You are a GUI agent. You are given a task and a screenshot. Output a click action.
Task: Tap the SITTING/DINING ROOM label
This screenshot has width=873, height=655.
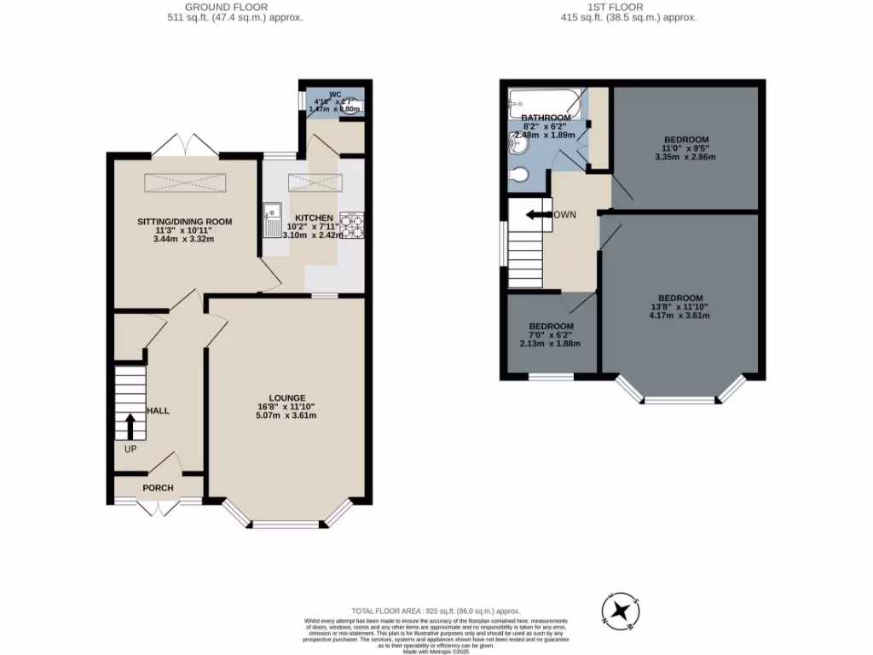pyautogui.click(x=185, y=222)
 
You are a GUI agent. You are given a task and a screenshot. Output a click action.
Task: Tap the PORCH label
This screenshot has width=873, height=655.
pyautogui.click(x=158, y=488)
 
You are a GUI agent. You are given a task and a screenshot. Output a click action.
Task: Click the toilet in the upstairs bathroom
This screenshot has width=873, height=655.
pyautogui.click(x=517, y=176)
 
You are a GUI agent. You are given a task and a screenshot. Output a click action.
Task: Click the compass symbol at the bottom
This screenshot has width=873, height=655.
pyautogui.click(x=622, y=612)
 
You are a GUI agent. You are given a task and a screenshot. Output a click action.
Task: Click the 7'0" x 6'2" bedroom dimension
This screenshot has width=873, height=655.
pyautogui.click(x=551, y=335)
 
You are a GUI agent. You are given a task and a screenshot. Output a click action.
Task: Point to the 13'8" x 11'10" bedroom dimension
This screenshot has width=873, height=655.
pyautogui.click(x=679, y=307)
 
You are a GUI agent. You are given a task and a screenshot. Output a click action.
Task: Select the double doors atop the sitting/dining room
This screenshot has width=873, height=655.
pyautogui.click(x=187, y=144)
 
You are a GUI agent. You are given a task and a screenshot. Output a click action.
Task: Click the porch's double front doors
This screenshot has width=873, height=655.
pyautogui.click(x=159, y=507)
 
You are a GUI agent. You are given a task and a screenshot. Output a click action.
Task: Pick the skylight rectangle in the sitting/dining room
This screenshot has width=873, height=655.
pyautogui.click(x=187, y=183)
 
